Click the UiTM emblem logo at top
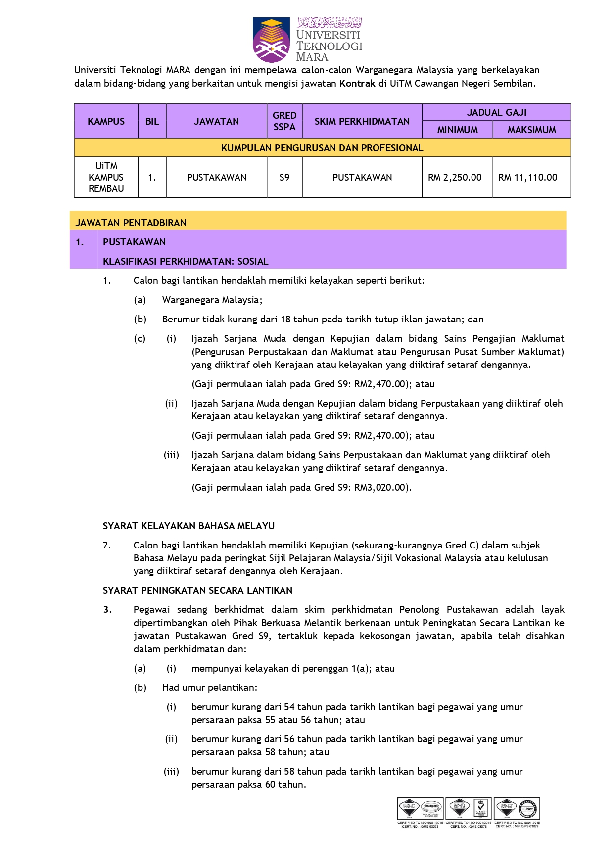[x=271, y=40]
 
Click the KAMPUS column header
[x=106, y=121]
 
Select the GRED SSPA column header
[x=284, y=121]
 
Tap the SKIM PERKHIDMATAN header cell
[x=362, y=121]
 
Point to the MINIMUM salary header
[x=457, y=130]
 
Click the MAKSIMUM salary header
[x=531, y=130]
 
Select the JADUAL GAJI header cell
[x=496, y=112]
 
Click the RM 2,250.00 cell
[x=455, y=177]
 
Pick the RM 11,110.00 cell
[x=527, y=177]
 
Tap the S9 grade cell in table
[x=284, y=177]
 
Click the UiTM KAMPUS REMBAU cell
[x=106, y=177]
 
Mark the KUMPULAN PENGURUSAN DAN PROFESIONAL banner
[x=322, y=148]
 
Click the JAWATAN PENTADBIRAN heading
[x=131, y=223]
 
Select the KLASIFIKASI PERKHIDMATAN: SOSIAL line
[x=186, y=261]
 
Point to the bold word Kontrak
[x=357, y=83]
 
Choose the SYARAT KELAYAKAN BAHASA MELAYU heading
[x=189, y=526]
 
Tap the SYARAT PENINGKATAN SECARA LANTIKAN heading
[x=197, y=590]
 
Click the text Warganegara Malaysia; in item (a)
[x=212, y=300]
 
